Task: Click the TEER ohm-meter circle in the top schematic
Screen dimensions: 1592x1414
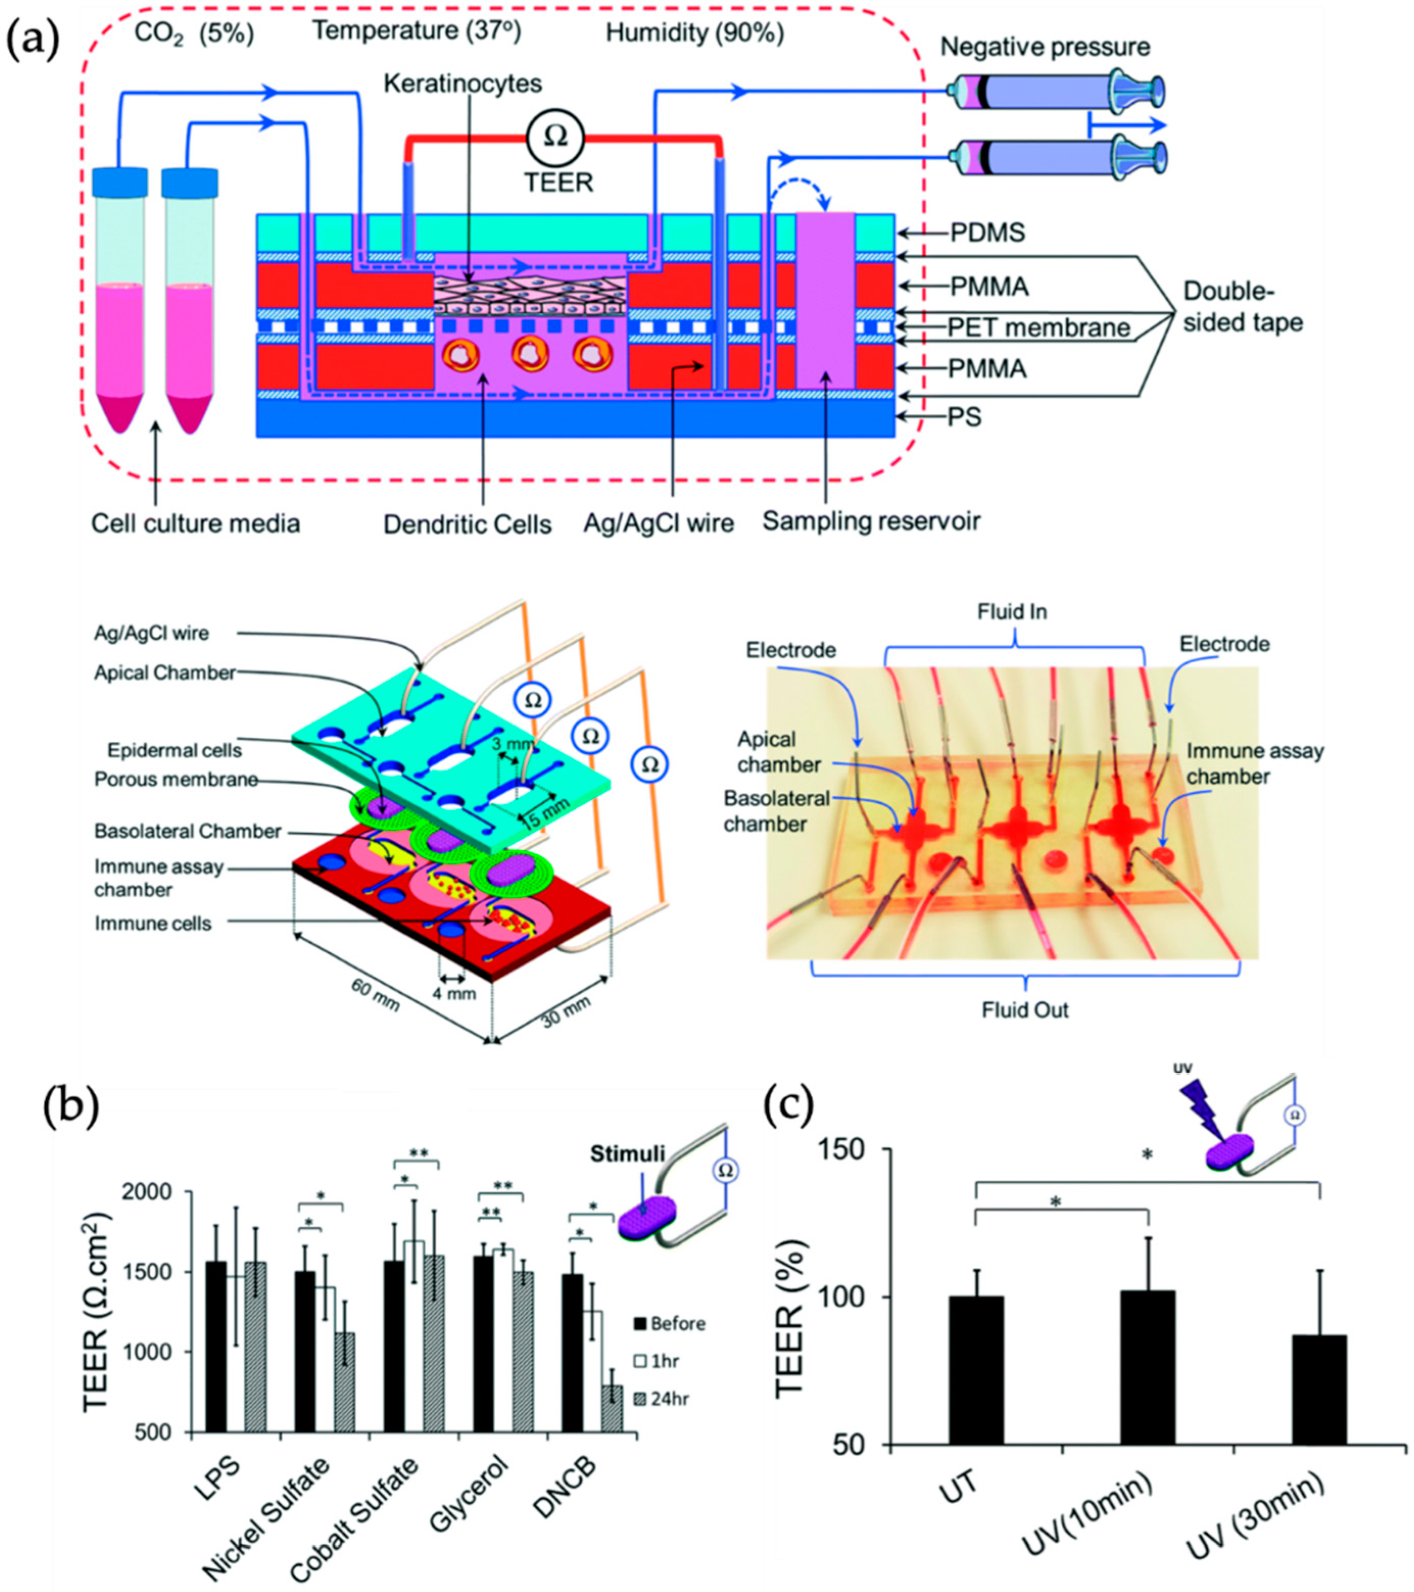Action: coord(556,136)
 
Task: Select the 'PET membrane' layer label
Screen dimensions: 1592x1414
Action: coord(1038,327)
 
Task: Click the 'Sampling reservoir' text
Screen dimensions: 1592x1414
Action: coord(870,521)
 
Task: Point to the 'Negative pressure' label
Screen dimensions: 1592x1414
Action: coord(1045,47)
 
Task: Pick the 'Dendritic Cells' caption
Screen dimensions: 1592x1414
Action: coord(467,524)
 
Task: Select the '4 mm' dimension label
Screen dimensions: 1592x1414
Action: coord(454,993)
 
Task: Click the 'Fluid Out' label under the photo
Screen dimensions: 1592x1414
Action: coord(1025,1010)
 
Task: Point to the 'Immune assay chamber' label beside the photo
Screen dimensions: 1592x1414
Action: coord(1254,763)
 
